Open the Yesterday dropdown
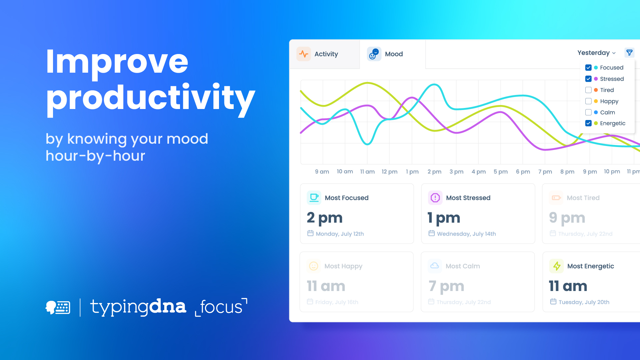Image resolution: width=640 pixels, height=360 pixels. (596, 53)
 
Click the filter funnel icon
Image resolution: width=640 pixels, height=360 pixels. (629, 53)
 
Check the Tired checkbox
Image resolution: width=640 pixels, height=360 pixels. (588, 90)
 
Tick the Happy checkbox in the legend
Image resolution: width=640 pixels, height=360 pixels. (588, 101)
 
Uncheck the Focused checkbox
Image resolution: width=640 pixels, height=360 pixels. (588, 68)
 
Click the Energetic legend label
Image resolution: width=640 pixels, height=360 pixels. (612, 123)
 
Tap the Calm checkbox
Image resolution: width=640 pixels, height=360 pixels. (588, 112)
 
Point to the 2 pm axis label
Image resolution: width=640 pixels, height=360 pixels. (434, 172)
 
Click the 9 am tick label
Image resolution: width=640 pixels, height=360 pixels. (322, 172)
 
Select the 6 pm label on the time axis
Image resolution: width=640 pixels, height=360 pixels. (523, 172)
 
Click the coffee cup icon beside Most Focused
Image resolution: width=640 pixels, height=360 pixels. (314, 198)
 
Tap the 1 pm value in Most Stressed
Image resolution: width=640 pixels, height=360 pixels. (444, 218)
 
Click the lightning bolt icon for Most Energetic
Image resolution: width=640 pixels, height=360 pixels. (556, 266)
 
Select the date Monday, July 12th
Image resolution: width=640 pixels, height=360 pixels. (339, 234)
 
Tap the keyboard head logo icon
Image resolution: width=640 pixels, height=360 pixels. (58, 307)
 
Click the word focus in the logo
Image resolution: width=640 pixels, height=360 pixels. (221, 307)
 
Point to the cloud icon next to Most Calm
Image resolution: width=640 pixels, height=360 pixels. (435, 266)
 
